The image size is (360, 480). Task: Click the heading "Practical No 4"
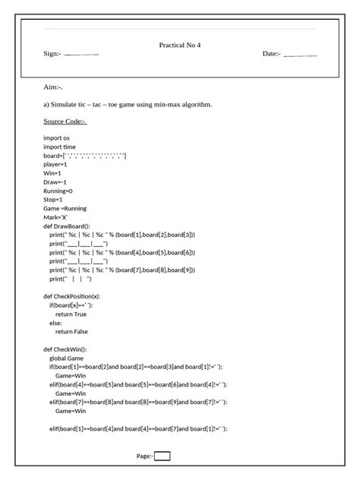tap(180, 45)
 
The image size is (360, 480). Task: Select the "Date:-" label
tap(271, 54)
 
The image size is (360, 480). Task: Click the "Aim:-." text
tap(53, 87)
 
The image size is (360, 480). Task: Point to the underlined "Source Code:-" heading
tap(65, 121)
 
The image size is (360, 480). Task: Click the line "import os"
tap(57, 137)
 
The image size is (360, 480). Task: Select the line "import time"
tap(60, 147)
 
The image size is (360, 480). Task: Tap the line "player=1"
tap(55, 164)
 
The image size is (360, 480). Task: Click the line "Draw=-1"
tap(55, 182)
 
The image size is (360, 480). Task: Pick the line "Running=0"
tap(58, 191)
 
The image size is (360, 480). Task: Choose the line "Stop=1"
tap(54, 199)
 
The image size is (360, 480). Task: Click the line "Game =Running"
tap(65, 208)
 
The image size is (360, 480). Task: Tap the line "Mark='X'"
tap(55, 217)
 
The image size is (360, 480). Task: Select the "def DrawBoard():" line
tap(67, 226)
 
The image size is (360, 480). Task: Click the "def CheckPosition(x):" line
tap(72, 296)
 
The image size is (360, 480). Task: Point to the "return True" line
tap(71, 314)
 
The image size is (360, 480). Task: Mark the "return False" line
tap(71, 331)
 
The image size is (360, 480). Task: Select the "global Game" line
tap(67, 358)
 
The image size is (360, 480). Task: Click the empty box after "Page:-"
tap(162, 456)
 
